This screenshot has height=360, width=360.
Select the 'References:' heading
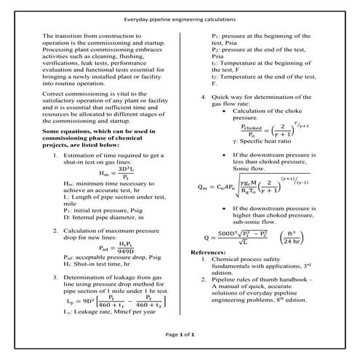[209, 252]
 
